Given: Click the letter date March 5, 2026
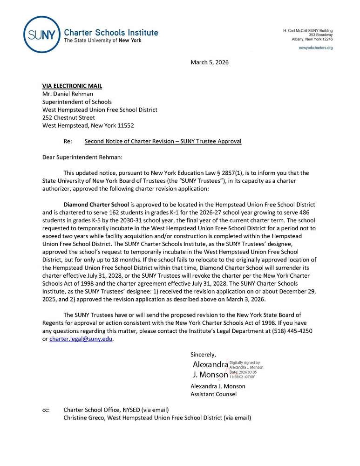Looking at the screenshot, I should coord(210,62).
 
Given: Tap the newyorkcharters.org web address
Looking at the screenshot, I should coord(316,48).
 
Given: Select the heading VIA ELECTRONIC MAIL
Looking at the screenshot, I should coord(72,86).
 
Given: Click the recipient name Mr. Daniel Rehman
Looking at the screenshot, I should coord(69,94).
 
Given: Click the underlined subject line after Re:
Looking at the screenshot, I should coord(163,141).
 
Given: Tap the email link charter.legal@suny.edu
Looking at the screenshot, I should coord(81,339).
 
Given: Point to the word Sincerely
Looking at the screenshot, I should coord(204,355).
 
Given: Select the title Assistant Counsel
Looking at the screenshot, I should coord(213,394).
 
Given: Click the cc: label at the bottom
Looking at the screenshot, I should coord(46,410).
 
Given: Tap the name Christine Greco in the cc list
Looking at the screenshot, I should coord(85,418).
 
